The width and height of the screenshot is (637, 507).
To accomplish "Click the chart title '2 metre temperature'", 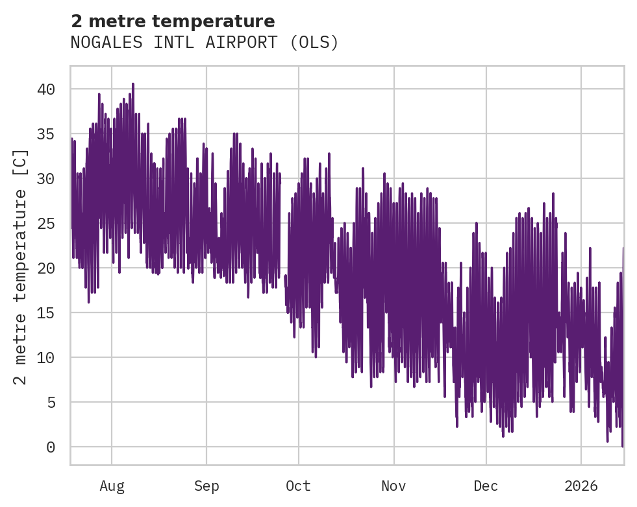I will [173, 21].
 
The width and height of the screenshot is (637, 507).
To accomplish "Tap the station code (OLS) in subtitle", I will [315, 43].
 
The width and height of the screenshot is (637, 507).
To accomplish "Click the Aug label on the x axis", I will [112, 486].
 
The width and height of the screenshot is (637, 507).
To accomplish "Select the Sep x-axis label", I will [206, 486].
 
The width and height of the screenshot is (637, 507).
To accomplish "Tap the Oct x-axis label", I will [299, 486].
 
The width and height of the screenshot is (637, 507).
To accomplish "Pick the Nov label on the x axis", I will [393, 486].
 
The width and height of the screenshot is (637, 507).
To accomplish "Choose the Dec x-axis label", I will [486, 486].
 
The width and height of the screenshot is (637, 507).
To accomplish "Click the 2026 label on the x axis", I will [581, 486].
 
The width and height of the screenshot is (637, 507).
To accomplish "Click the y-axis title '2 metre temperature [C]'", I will [21, 267].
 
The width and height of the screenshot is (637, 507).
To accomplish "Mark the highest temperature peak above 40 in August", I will [132, 84].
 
